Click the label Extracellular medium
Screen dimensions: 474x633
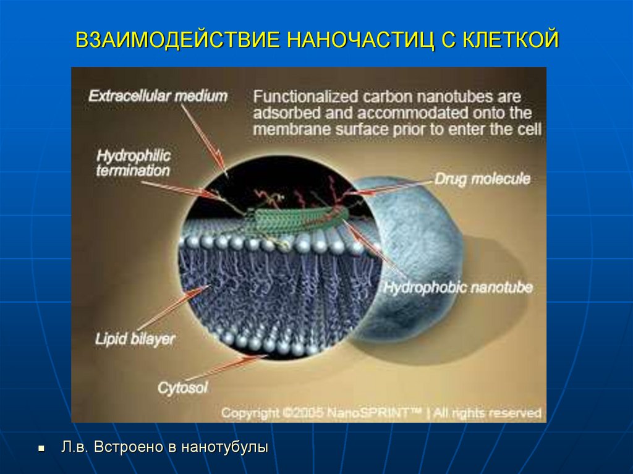158,96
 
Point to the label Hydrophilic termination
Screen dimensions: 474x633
133,162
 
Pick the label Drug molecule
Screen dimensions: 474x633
482,179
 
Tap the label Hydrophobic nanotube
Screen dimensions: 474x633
457,288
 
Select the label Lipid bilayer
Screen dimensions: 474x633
135,338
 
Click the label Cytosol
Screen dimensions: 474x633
182,387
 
